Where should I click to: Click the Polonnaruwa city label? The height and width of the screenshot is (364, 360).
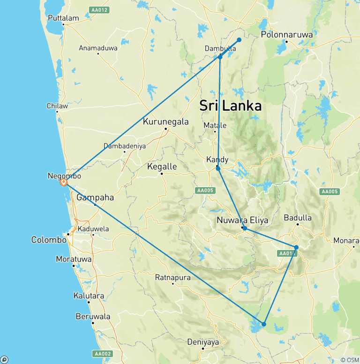286,35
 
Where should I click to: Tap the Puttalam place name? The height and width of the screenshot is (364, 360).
63,18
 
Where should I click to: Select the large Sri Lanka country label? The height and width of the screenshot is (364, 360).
230,106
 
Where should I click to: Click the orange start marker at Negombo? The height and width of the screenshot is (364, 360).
64,182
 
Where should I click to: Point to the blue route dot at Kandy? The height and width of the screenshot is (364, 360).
218,168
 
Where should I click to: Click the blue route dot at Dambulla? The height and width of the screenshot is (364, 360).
220,57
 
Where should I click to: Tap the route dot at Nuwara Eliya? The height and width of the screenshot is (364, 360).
245,228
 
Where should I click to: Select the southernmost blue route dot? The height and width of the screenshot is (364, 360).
264,324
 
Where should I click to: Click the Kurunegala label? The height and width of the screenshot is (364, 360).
166,122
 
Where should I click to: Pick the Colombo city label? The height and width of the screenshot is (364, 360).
49,240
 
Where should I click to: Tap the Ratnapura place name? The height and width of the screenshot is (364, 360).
172,278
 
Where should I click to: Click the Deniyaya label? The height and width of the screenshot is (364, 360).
203,342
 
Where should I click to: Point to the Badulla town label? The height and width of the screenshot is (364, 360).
298,218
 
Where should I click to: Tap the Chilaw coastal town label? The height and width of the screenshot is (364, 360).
57,106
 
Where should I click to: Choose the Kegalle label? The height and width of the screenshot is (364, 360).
162,167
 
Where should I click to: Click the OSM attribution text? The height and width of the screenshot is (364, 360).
350,360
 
